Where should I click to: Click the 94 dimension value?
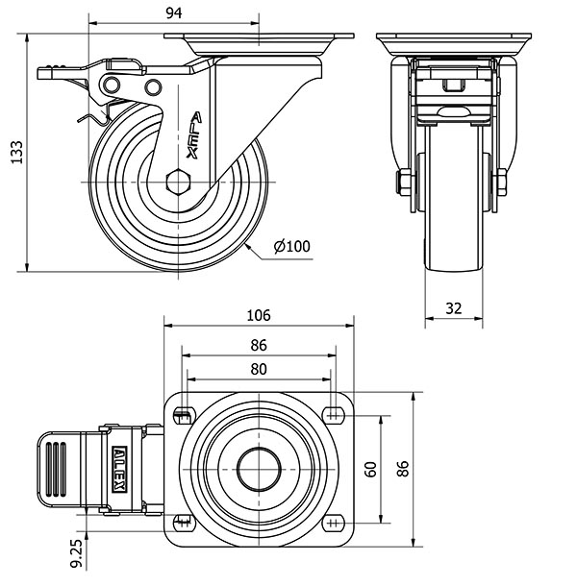pos(173,12)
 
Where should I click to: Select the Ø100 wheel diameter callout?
pos(291,247)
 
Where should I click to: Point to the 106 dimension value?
pos(258,315)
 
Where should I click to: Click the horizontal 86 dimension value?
pos(258,346)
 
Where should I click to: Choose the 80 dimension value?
pos(258,368)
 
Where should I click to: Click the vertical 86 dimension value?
pos(405,469)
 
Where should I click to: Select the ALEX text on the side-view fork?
pos(194,134)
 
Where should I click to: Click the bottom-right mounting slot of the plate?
pos(334,523)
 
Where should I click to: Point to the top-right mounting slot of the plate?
pos(334,414)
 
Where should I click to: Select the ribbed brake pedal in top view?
pos(56,469)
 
